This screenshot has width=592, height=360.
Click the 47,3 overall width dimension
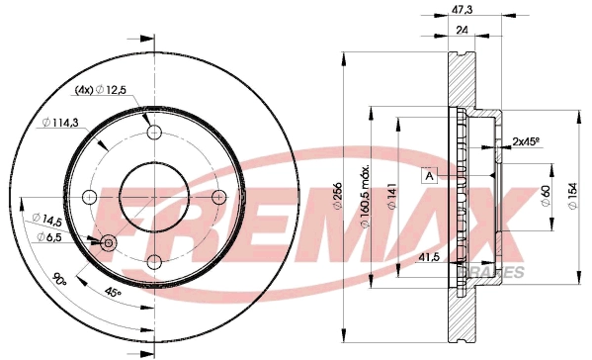462,10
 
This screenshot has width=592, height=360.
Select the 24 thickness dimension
461,31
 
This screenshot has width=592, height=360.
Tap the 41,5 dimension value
429,256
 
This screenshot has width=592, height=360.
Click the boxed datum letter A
429,176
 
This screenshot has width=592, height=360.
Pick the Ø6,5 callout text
49,236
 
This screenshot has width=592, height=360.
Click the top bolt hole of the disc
154,132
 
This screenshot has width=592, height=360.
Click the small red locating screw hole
108,241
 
